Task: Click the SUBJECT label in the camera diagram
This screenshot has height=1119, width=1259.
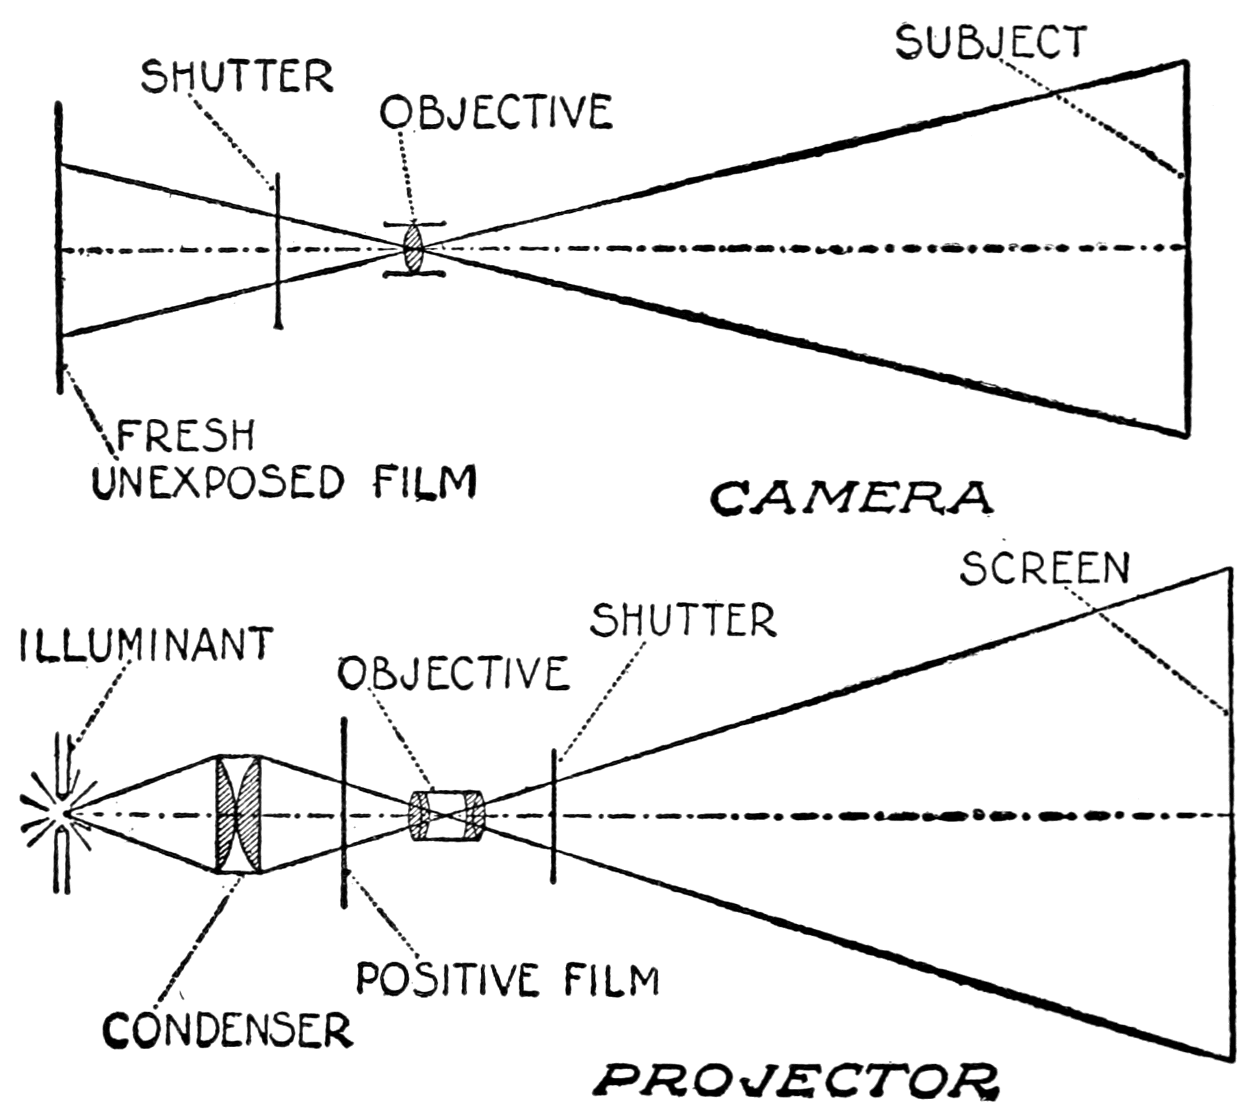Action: click(x=990, y=42)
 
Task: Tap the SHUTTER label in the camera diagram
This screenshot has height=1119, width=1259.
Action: click(x=237, y=76)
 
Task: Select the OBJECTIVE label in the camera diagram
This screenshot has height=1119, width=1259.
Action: click(x=496, y=113)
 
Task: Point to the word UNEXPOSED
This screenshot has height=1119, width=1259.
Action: click(x=218, y=482)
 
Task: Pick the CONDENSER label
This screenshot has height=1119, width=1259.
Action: click(x=227, y=1031)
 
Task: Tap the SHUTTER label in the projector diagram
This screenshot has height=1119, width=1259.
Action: click(x=683, y=621)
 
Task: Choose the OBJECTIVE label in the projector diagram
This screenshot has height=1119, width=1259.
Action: click(x=454, y=673)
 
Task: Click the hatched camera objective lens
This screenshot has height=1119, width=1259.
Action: click(x=414, y=248)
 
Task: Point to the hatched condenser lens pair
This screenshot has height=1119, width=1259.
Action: click(x=238, y=814)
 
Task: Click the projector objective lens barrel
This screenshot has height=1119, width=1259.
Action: click(x=447, y=815)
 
